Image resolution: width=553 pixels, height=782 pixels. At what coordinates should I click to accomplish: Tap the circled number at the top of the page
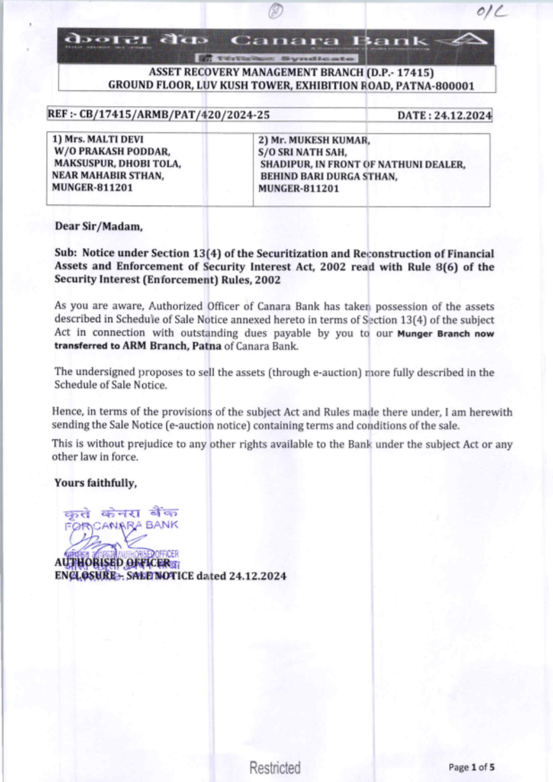tap(276, 11)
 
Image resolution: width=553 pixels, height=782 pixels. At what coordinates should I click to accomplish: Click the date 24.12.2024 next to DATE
tap(462, 116)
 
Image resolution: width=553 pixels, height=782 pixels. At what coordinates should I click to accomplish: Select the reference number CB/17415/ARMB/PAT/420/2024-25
tap(174, 115)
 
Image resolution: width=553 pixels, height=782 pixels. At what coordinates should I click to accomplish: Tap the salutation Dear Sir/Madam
tap(98, 226)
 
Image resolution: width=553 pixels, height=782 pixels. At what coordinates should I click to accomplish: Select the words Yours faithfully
tap(95, 483)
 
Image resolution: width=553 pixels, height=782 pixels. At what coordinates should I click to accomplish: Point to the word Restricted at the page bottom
tap(275, 768)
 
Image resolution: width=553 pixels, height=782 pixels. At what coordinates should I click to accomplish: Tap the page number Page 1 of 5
tap(471, 767)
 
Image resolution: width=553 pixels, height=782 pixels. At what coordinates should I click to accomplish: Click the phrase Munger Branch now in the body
tap(445, 333)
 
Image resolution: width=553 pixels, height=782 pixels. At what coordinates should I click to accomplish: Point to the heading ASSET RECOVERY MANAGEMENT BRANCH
tap(255, 72)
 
